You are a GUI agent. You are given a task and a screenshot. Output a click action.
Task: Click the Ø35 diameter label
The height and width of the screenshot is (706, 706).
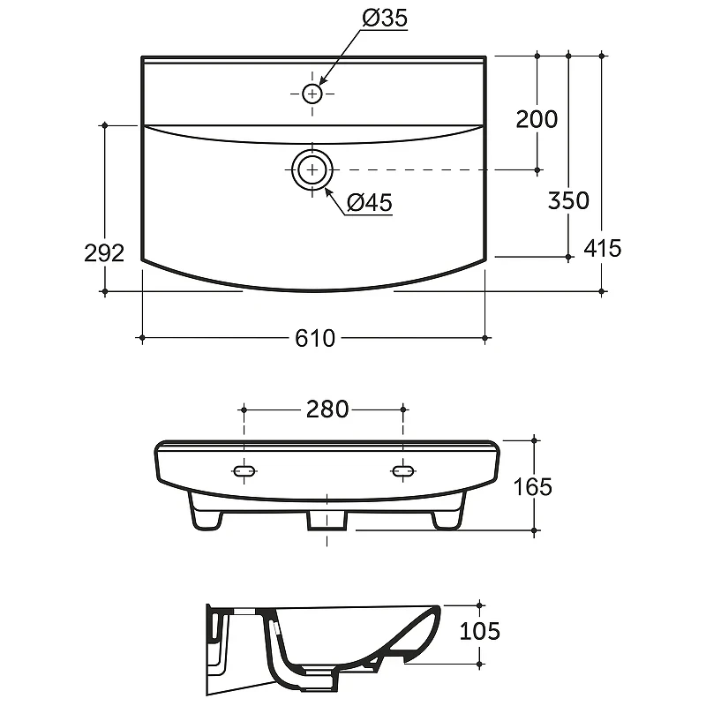pyautogui.click(x=385, y=18)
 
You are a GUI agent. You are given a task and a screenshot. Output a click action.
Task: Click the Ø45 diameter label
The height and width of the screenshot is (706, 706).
pyautogui.click(x=370, y=203)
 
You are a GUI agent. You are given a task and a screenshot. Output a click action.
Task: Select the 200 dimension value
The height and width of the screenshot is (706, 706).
pyautogui.click(x=537, y=119)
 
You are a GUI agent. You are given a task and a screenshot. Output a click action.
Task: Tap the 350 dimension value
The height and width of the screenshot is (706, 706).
pyautogui.click(x=568, y=200)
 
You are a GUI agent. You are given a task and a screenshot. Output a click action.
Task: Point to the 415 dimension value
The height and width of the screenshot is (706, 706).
pyautogui.click(x=603, y=248)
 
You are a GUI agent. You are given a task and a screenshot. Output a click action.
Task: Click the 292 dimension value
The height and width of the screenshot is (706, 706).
pyautogui.click(x=104, y=252)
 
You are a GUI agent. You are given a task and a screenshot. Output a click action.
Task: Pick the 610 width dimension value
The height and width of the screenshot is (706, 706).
pyautogui.click(x=315, y=338)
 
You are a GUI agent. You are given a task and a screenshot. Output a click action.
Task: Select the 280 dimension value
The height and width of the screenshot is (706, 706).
pyautogui.click(x=327, y=409)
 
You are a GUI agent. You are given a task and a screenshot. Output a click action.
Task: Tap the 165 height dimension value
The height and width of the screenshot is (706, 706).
pyautogui.click(x=533, y=487)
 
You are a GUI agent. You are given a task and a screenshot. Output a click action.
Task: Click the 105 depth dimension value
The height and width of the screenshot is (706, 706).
pyautogui.click(x=479, y=631)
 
